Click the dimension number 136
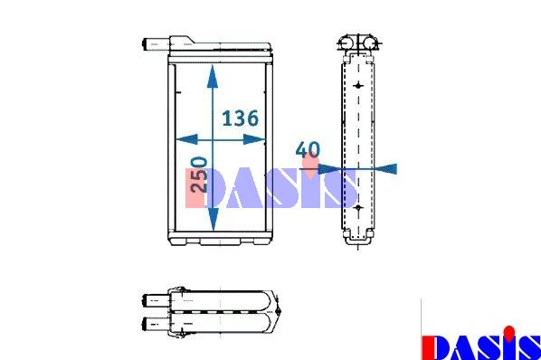pyautogui.click(x=240, y=118)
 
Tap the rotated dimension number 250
pyautogui.click(x=199, y=175)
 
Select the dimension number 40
pyautogui.click(x=308, y=149)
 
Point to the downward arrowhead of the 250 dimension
pyautogui.click(x=214, y=219)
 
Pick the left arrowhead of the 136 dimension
pyautogui.click(x=186, y=139)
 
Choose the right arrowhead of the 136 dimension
pyautogui.click(x=254, y=139)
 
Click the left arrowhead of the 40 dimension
pyautogui.click(x=329, y=169)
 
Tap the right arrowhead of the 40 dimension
pyautogui.click(x=385, y=168)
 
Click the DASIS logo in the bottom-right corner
pyautogui.click(x=481, y=343)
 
